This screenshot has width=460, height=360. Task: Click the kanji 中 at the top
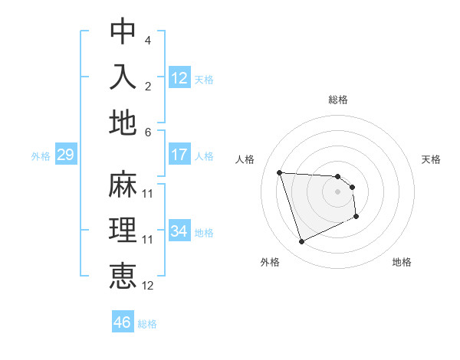123,32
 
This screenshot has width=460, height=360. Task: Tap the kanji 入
123,77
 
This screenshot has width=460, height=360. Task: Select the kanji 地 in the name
123,123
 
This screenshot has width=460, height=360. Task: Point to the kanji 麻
123,185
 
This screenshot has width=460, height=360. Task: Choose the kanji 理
123,231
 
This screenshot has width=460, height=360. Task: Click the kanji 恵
123,276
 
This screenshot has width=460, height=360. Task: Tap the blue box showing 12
179,77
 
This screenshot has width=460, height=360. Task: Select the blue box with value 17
179,154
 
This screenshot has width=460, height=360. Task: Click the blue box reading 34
179,231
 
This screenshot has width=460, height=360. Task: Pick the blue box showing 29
65,155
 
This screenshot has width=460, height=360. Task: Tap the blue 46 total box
122,322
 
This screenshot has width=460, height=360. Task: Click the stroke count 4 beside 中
147,40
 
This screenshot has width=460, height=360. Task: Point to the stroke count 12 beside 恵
148,285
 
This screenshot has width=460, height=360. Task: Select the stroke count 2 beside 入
147,87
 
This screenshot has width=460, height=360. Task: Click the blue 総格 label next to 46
147,324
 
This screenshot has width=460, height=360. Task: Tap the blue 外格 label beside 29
41,156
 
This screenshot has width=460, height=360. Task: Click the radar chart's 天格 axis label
432,159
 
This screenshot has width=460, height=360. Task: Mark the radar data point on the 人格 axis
279,172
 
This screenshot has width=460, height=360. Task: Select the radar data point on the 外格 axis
301,242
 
